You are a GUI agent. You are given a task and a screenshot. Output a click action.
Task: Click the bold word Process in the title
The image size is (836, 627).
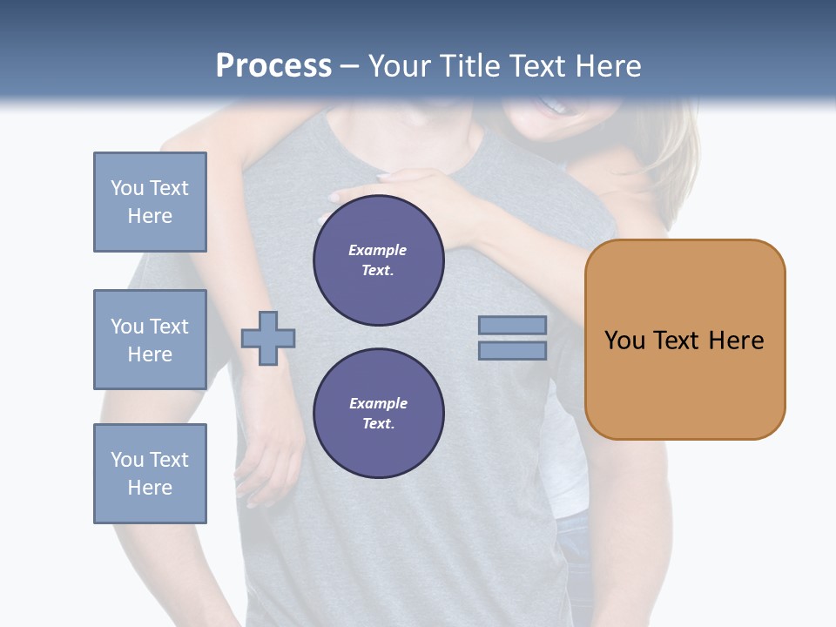[273, 66]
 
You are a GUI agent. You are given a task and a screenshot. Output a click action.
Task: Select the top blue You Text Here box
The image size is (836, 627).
[150, 202]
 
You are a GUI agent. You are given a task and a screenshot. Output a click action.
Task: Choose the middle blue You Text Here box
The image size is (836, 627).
[150, 340]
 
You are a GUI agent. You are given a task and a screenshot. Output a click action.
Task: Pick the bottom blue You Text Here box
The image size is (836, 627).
[150, 474]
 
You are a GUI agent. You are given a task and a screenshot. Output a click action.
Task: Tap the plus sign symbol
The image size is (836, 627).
[268, 338]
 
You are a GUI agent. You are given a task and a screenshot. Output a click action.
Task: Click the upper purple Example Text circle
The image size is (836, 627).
[379, 260]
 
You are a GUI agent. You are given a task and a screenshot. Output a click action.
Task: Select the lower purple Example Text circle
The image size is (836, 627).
[379, 414]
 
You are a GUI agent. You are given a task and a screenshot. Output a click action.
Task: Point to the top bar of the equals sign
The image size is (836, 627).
[512, 326]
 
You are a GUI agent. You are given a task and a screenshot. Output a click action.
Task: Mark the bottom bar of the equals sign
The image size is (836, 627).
[512, 351]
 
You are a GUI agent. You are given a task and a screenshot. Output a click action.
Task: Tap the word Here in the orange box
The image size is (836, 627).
[736, 340]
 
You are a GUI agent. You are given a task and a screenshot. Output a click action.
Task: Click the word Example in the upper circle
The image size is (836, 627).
[378, 250]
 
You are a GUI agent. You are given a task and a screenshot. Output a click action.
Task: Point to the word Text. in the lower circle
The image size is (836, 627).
[378, 424]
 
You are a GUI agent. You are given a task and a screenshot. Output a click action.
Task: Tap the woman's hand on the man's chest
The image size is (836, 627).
[409, 187]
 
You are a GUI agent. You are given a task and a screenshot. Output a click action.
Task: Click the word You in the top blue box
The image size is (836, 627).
[127, 188]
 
